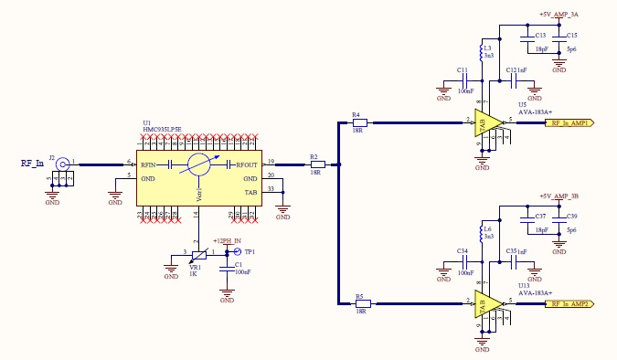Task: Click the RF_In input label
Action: pos(33,164)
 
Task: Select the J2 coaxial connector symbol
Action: pos(63,165)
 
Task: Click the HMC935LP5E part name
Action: pos(162,130)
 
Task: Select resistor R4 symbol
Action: pos(359,122)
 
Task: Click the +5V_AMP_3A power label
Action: pos(558,15)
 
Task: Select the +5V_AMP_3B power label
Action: pos(558,196)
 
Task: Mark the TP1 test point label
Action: pos(250,251)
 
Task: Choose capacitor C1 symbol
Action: pos(228,267)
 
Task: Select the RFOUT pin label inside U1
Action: pos(247,165)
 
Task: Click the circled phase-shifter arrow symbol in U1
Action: pos(199,165)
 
